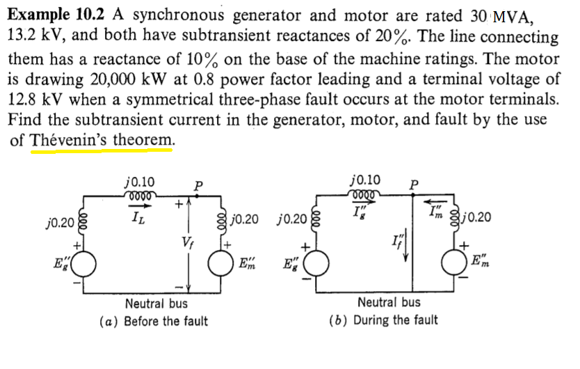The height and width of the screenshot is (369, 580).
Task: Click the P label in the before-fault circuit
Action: [x=199, y=186]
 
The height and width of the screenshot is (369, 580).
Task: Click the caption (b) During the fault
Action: [x=383, y=320]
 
